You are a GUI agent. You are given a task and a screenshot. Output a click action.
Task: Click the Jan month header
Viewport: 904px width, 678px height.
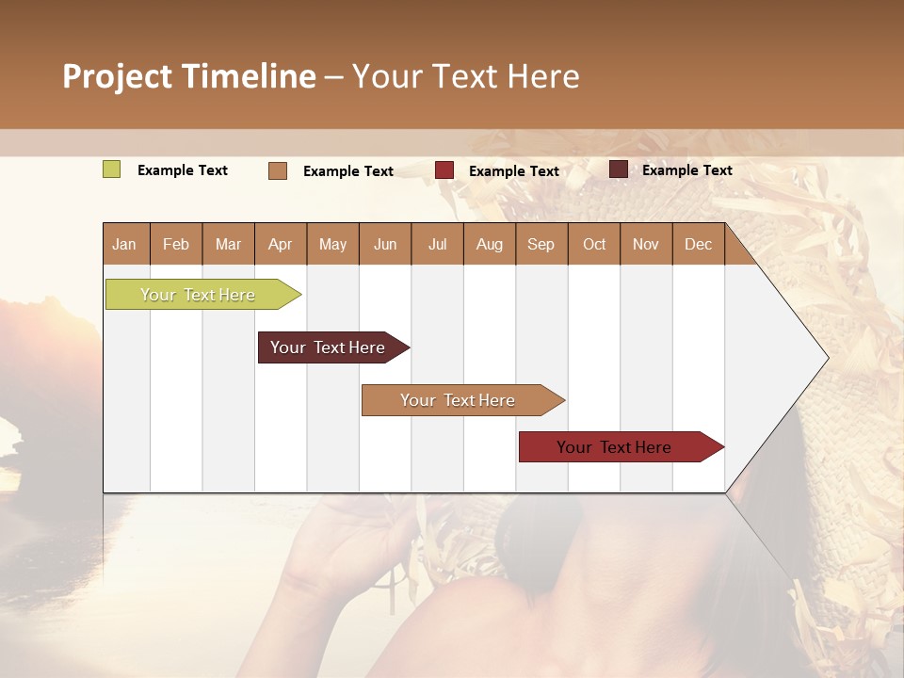point(124,244)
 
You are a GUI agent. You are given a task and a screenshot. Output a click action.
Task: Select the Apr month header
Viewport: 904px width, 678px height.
point(280,244)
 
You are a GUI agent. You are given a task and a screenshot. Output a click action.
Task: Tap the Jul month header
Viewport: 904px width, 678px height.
point(437,244)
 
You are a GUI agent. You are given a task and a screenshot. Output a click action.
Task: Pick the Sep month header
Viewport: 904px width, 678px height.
point(541,244)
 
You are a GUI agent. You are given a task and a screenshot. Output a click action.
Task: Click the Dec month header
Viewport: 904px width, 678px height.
point(698,244)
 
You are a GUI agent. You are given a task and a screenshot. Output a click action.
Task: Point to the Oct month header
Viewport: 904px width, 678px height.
point(594,244)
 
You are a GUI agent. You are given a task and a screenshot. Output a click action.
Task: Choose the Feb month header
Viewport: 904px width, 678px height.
point(176,244)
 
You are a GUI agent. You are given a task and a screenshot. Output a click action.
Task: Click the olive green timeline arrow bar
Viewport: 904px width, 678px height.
point(198,295)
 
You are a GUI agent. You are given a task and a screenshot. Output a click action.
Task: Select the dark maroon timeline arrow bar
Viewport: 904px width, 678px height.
point(328,347)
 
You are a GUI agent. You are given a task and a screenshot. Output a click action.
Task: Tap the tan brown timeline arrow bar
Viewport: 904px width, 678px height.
point(458,400)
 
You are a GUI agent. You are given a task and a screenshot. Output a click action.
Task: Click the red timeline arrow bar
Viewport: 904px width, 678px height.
point(614,447)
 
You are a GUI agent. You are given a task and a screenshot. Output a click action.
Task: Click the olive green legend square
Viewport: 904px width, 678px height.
point(111,169)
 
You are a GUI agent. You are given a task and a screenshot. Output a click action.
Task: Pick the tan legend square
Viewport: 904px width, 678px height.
point(278,170)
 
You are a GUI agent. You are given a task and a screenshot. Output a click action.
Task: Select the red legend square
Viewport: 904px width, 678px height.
point(444,170)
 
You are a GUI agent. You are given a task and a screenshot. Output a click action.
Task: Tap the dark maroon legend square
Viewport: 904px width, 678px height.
point(619,169)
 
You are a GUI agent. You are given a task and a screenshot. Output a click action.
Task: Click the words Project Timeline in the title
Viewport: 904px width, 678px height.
point(188,76)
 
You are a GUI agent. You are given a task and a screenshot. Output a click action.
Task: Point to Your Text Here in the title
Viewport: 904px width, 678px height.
point(465,76)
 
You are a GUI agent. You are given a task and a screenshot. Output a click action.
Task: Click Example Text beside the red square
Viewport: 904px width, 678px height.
point(514,171)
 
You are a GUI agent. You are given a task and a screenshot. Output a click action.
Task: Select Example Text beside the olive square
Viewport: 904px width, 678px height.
point(183,170)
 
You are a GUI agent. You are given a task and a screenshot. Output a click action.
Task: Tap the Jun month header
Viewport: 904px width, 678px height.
point(385,244)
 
